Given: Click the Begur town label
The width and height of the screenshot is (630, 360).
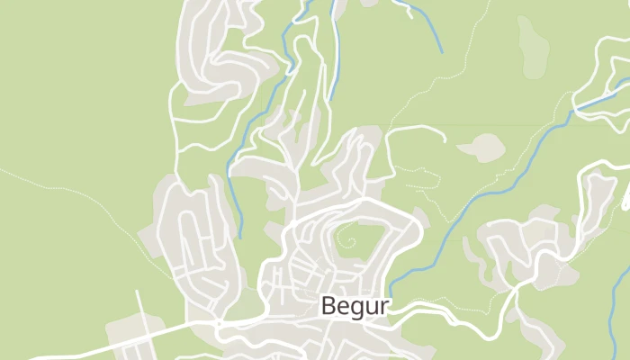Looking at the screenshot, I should (355, 306).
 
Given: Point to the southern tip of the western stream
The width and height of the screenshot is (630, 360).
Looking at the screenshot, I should (240, 237).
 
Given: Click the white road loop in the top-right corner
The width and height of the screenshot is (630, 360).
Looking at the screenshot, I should (598, 85).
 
